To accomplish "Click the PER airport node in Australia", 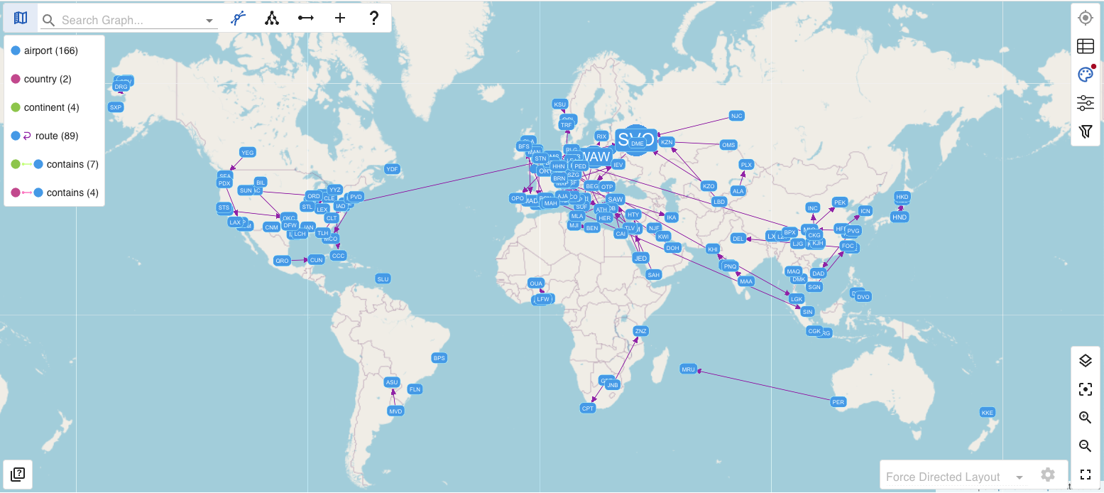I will coord(838,402).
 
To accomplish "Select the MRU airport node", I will coord(688,369).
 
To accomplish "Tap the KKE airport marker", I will coord(987,413).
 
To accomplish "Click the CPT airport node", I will coord(588,408).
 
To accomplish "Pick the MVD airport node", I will coord(395,411).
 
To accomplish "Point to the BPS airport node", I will coord(439,358).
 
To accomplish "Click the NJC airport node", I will coord(736,116).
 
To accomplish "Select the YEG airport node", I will coord(247,153).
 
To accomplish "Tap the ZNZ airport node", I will coord(640,331).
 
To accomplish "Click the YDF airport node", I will coord(392,169).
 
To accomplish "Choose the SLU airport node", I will coord(383,279).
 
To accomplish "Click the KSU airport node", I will coord(560,104).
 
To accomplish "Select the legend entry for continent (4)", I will coord(51,107).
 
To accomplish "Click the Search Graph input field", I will coord(131,21).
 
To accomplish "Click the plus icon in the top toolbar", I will coord(340,18).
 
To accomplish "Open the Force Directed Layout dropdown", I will coord(953,477).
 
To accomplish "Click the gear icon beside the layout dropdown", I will coord(1047,475).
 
